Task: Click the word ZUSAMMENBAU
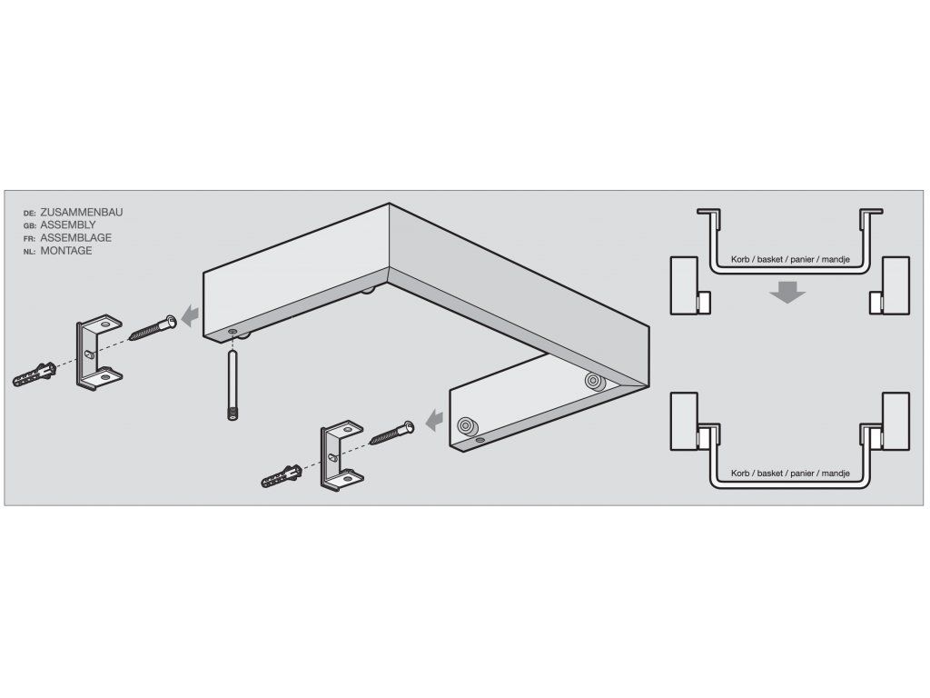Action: (x=81, y=212)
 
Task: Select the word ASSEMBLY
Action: (x=67, y=225)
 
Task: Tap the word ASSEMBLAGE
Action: (x=76, y=238)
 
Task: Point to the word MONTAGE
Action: (x=65, y=251)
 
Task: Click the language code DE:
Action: (x=30, y=213)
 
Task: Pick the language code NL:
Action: (x=30, y=252)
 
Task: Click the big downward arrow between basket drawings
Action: (x=787, y=292)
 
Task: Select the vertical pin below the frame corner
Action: (x=232, y=385)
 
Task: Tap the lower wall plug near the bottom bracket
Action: (x=282, y=476)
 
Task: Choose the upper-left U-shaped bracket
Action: (x=98, y=352)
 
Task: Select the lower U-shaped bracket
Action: (x=341, y=456)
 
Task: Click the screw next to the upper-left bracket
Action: (x=153, y=328)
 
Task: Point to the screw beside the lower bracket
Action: (x=391, y=432)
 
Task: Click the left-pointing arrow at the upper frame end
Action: (x=190, y=315)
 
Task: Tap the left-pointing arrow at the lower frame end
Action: (x=435, y=420)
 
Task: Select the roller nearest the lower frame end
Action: (x=466, y=425)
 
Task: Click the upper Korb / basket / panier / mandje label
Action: (x=790, y=259)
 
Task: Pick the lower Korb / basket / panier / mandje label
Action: (x=790, y=473)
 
